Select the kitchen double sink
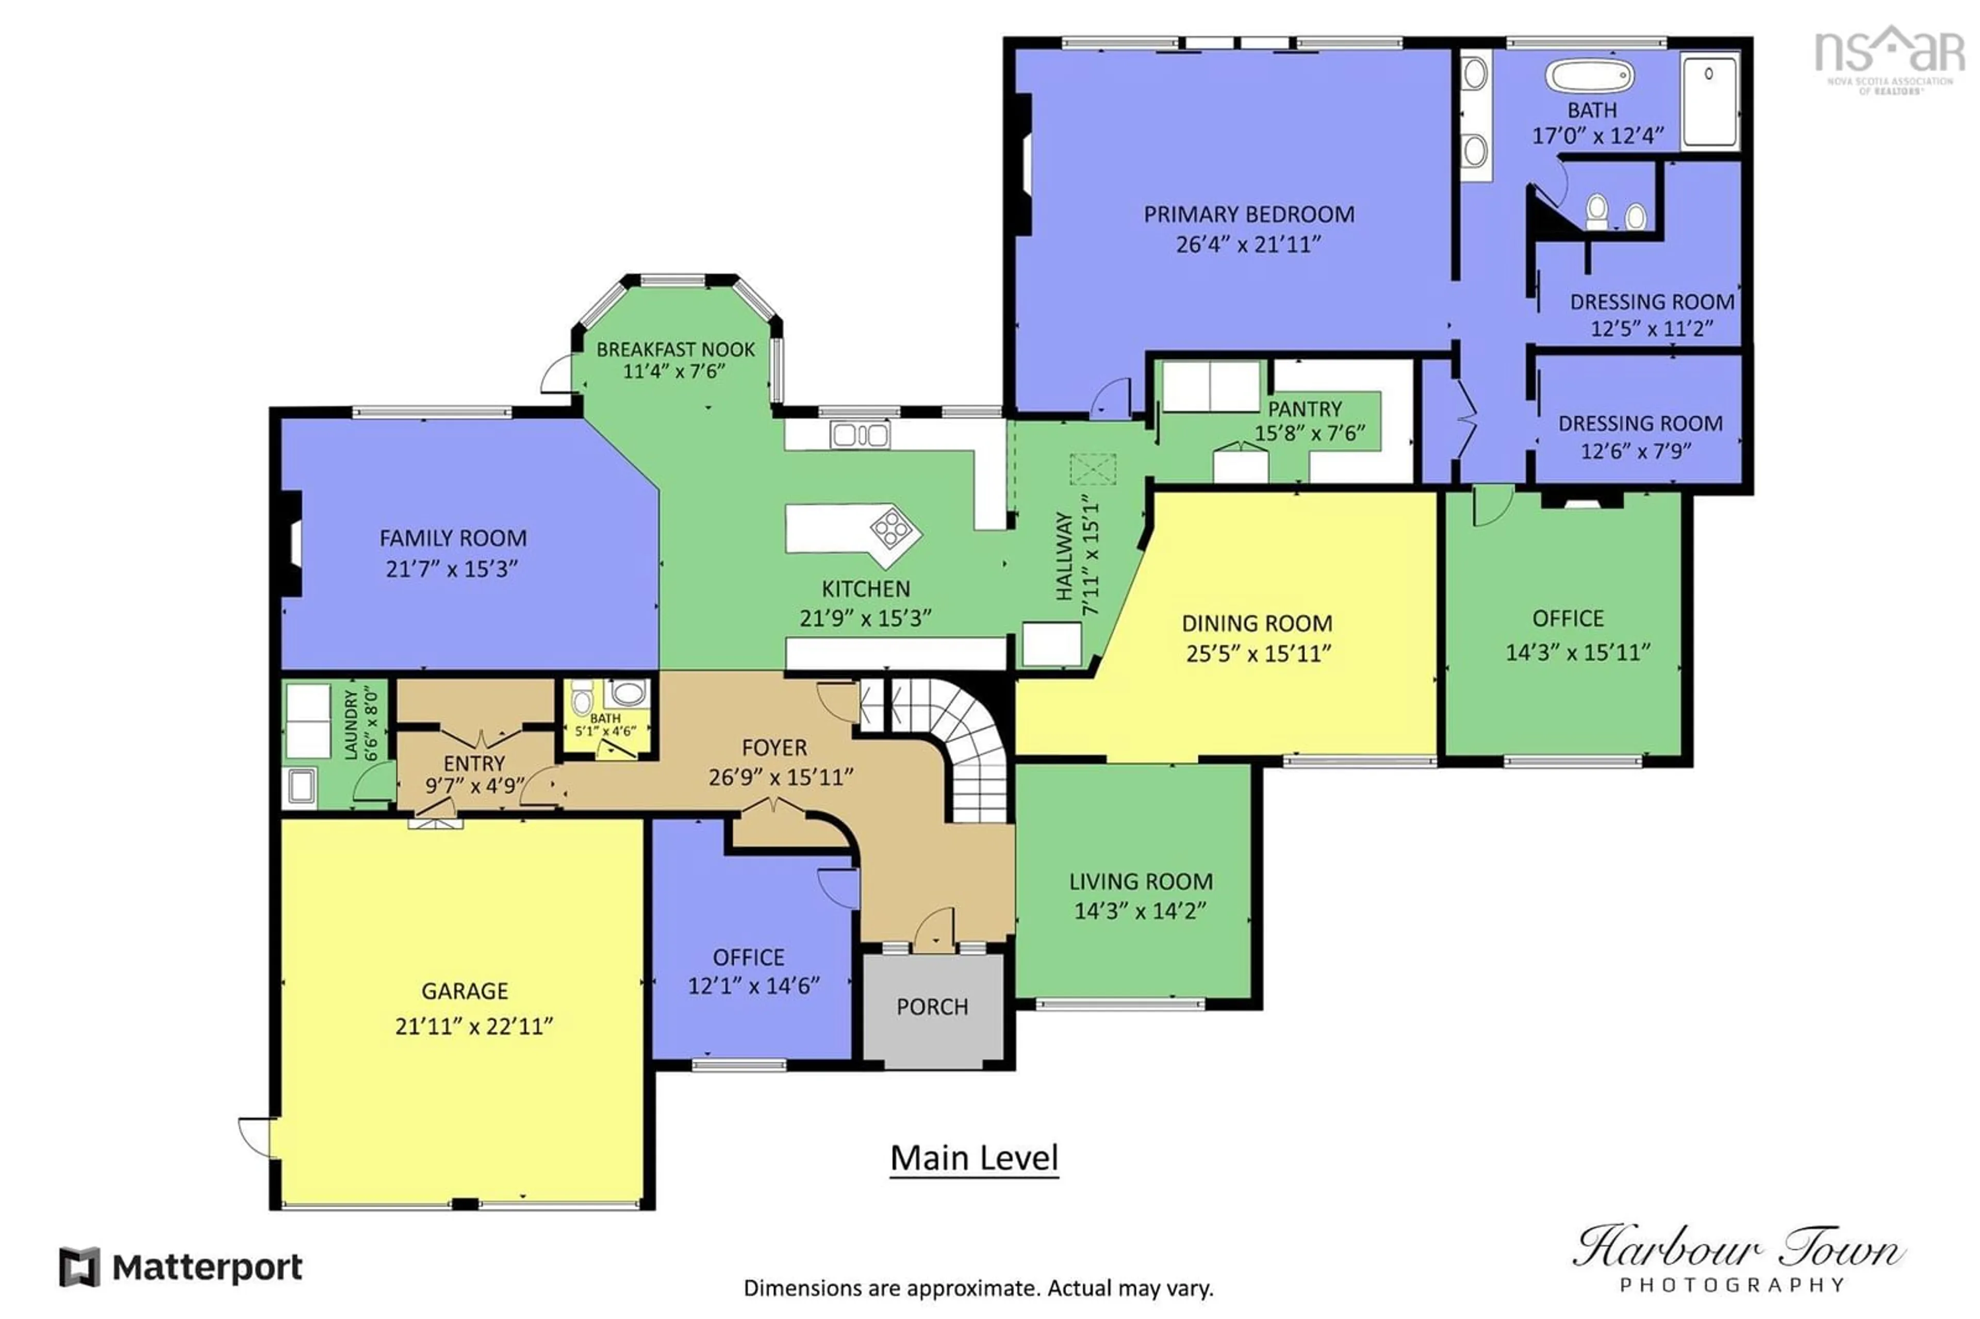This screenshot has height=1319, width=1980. tap(859, 435)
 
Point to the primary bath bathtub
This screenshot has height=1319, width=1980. tap(1588, 76)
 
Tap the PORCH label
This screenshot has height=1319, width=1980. tap(931, 1007)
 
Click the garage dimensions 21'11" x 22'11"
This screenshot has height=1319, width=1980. tap(473, 1026)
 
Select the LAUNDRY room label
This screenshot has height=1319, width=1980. tap(351, 724)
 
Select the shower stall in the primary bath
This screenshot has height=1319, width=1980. tap(1708, 101)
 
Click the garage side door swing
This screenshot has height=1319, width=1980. tap(255, 1135)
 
